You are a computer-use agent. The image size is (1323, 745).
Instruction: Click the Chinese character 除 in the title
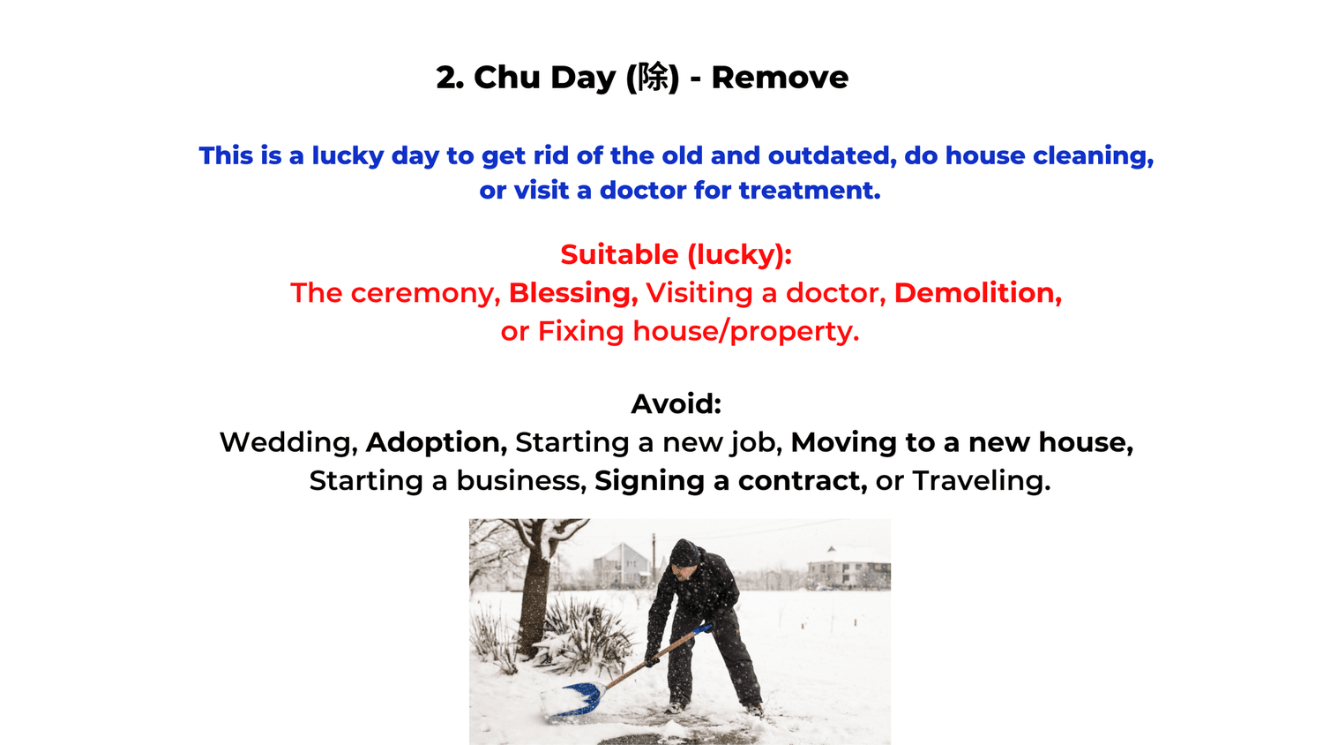(x=654, y=78)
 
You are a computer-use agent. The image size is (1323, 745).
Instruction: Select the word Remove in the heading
(x=780, y=78)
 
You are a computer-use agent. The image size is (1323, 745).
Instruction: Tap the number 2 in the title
(x=448, y=78)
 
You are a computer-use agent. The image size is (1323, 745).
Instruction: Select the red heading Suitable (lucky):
(x=676, y=254)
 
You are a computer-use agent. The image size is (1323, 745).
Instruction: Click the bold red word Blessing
(x=572, y=292)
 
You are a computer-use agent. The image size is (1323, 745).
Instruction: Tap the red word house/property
(x=745, y=331)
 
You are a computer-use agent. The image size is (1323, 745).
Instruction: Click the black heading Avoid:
(x=676, y=403)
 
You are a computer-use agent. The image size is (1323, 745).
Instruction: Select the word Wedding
(x=288, y=441)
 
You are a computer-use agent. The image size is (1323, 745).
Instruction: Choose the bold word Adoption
(x=436, y=441)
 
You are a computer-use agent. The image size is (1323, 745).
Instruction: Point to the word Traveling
(x=981, y=480)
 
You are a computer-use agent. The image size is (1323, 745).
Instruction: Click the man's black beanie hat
(x=684, y=553)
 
